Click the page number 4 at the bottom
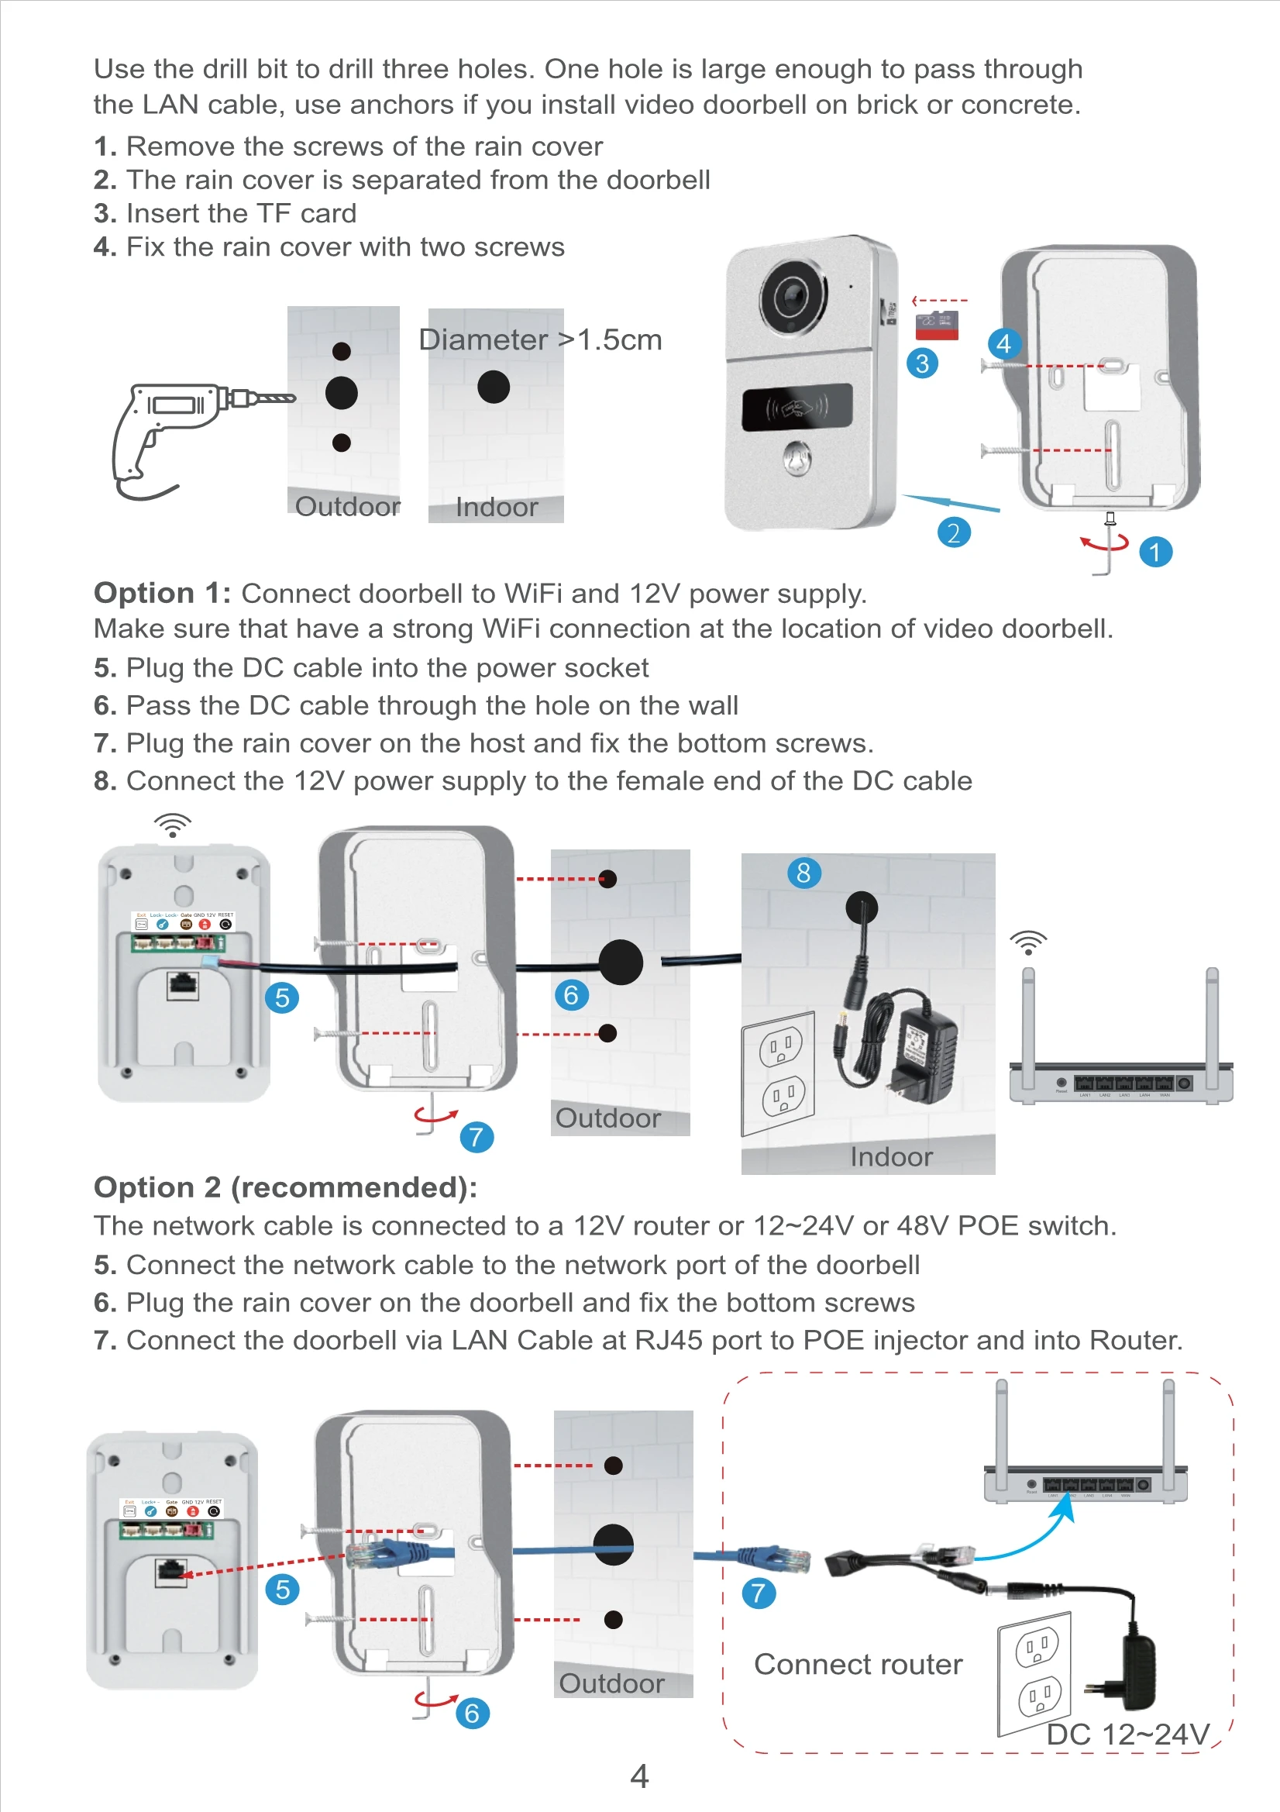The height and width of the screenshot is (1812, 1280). pyautogui.click(x=639, y=1775)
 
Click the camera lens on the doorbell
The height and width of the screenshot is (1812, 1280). pyautogui.click(x=792, y=297)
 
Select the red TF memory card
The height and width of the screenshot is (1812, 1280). pyautogui.click(x=937, y=326)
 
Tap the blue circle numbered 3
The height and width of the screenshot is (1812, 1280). pyautogui.click(x=922, y=363)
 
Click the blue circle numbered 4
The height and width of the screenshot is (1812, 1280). pyautogui.click(x=1004, y=343)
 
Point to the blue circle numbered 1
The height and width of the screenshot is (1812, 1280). pyautogui.click(x=1155, y=552)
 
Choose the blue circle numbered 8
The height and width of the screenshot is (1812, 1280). pyautogui.click(x=803, y=873)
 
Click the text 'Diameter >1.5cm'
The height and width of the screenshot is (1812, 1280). pyautogui.click(x=540, y=339)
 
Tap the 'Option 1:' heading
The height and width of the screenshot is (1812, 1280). pyautogui.click(x=162, y=593)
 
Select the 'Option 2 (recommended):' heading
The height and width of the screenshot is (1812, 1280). pyautogui.click(x=285, y=1187)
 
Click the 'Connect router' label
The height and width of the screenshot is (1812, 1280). pyautogui.click(x=858, y=1664)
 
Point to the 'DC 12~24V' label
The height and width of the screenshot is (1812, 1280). pyautogui.click(x=1127, y=1734)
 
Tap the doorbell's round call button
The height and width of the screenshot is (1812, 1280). pyautogui.click(x=797, y=458)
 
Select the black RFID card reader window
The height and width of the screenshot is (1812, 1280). pyautogui.click(x=797, y=407)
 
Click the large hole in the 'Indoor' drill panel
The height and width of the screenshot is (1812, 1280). pyautogui.click(x=494, y=387)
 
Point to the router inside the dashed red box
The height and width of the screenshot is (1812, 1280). pyautogui.click(x=1086, y=1476)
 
